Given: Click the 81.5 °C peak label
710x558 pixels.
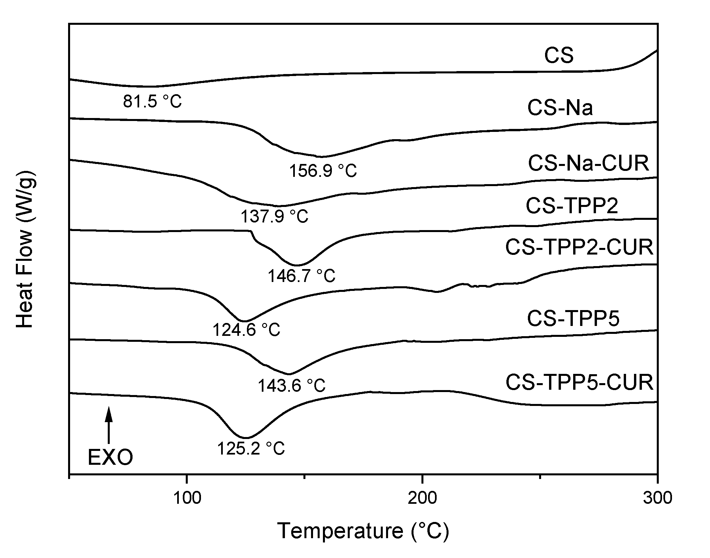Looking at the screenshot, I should [152, 101].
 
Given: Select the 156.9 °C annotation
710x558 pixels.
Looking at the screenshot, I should [323, 171].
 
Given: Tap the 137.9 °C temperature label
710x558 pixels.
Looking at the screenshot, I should [274, 217].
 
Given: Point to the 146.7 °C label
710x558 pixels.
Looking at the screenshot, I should [301, 276].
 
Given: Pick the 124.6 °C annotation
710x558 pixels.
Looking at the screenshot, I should [246, 330].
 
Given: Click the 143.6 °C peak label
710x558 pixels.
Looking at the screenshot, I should [292, 385].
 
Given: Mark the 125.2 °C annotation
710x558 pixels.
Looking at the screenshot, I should [251, 449].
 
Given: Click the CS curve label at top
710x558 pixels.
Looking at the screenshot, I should [559, 56].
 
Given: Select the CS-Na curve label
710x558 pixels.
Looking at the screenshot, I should [560, 108].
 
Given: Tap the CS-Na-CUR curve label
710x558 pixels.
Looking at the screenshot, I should [588, 163].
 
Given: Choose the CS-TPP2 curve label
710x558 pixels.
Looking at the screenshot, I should [572, 206].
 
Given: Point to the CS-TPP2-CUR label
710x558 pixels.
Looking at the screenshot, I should [579, 247].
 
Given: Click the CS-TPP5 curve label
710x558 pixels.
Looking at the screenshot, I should [573, 319].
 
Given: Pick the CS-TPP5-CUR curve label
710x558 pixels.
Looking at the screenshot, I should [579, 382].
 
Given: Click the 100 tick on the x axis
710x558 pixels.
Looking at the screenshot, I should [187, 498].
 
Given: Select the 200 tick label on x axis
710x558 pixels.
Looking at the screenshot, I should [422, 498].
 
